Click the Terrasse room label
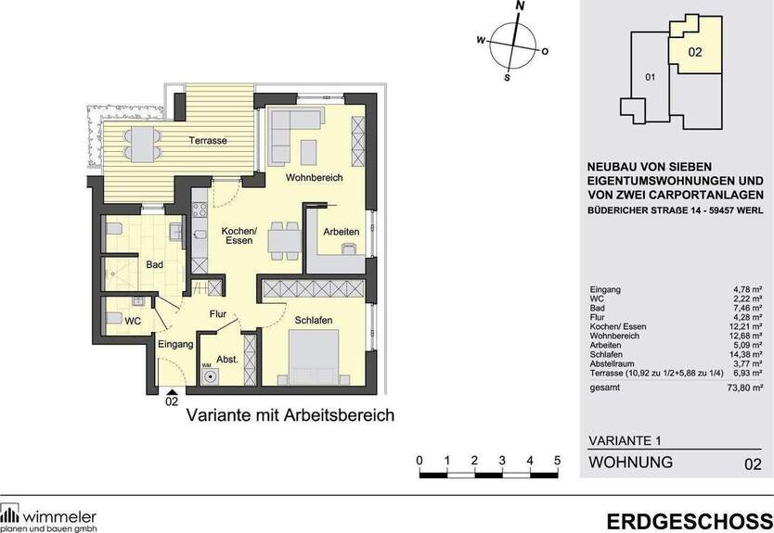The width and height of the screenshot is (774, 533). (x=208, y=141)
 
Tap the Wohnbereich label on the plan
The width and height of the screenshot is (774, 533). (x=314, y=177)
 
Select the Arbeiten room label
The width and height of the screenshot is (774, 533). (x=342, y=231)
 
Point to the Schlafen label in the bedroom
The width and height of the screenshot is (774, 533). (x=314, y=320)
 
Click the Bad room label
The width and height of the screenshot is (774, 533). (x=154, y=265)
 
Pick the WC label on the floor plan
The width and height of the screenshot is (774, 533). (x=133, y=321)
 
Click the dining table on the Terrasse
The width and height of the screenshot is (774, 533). (x=143, y=145)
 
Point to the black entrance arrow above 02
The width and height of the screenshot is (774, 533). (x=171, y=391)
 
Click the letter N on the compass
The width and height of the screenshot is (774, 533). (x=520, y=6)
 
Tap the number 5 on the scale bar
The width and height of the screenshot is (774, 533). (x=558, y=461)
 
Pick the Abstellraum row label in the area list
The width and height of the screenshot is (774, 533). (x=613, y=364)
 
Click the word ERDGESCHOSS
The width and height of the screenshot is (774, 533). (x=690, y=522)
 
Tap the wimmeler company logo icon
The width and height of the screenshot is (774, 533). (x=9, y=514)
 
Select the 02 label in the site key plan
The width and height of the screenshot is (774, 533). (x=694, y=52)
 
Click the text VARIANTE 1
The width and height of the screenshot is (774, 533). (x=625, y=440)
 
